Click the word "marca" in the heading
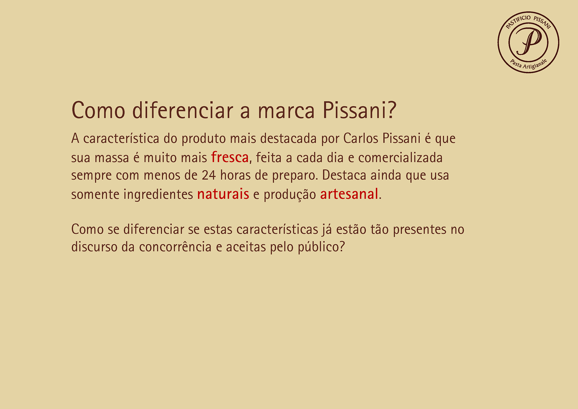click(x=286, y=111)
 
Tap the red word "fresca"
click(x=230, y=157)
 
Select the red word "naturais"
click(x=223, y=194)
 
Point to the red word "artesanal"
click(x=349, y=194)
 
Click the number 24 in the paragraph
click(x=209, y=176)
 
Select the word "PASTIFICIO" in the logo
click(x=518, y=21)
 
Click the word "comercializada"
click(x=400, y=158)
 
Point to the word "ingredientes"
click(x=158, y=194)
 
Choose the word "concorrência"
click(x=175, y=247)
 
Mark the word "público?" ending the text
click(x=321, y=247)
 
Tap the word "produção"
click(x=290, y=195)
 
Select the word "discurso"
click(x=94, y=247)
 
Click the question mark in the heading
click(x=392, y=110)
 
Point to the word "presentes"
click(x=420, y=230)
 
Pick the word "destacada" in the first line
click(x=288, y=139)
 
